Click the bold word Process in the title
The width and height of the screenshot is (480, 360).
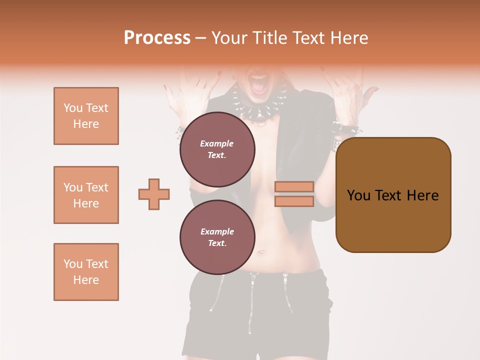click(157, 38)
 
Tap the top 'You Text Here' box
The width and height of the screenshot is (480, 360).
click(86, 116)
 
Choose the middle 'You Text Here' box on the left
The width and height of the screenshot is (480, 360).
click(86, 195)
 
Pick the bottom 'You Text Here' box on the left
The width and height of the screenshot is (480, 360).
click(86, 272)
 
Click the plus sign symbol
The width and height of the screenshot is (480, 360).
click(154, 194)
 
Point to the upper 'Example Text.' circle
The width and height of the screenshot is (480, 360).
click(217, 149)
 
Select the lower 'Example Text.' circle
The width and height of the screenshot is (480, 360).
click(217, 237)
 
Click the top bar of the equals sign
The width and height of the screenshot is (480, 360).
click(294, 187)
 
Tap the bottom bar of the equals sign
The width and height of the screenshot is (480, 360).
click(294, 201)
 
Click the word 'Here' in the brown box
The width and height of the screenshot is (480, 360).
click(422, 195)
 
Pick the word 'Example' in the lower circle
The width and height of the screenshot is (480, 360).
click(217, 231)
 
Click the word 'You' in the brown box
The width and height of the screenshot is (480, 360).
click(358, 195)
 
